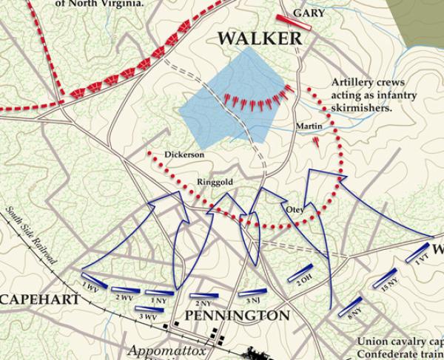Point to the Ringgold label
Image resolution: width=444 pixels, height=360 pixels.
click(x=214, y=181)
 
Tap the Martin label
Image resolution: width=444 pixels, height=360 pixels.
click(x=309, y=126)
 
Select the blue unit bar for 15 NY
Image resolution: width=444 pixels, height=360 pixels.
click(x=387, y=277)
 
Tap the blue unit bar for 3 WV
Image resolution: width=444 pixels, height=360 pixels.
click(x=150, y=308)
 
